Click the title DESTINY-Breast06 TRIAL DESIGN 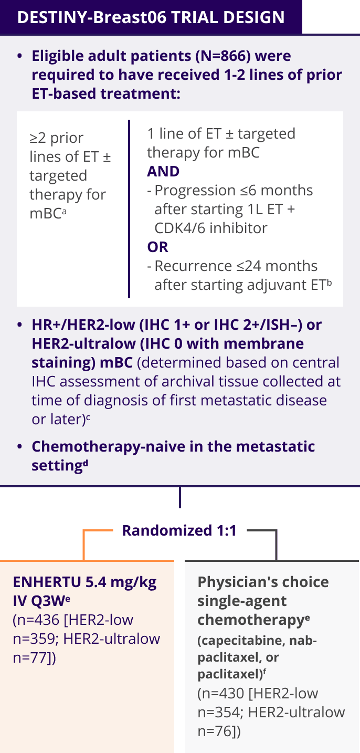(x=151, y=17)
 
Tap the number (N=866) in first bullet (x=223, y=56)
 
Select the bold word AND (x=163, y=171)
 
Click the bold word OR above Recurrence (x=157, y=247)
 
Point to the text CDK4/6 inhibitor (x=211, y=228)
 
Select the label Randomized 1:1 (x=179, y=530)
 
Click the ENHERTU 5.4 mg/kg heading (x=84, y=582)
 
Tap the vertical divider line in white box (x=129, y=209)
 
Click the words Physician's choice (x=263, y=582)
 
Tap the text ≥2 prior (x=57, y=138)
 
